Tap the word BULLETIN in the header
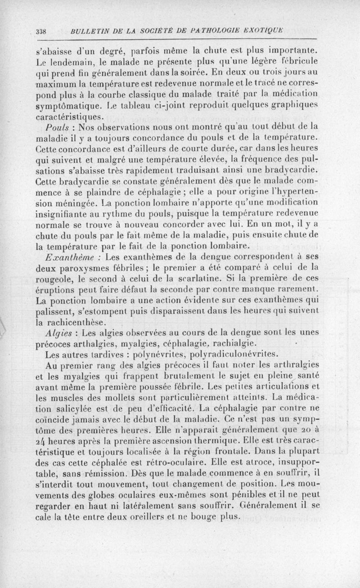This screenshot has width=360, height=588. pyautogui.click(x=87, y=32)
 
